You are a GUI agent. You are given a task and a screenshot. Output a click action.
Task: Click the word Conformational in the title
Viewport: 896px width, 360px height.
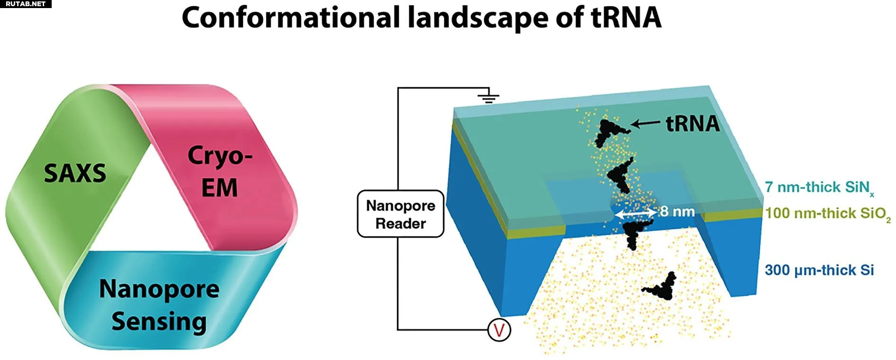[291, 18]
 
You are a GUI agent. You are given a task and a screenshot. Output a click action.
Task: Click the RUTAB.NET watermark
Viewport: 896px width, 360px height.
[26, 4]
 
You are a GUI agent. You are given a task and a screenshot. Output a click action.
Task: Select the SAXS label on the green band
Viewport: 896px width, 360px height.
[75, 173]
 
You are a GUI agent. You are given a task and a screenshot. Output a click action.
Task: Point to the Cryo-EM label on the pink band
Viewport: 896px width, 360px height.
[219, 171]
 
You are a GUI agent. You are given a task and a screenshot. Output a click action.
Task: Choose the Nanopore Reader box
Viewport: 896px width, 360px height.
[401, 214]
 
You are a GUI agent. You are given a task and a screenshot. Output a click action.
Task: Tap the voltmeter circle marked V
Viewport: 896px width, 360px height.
[499, 330]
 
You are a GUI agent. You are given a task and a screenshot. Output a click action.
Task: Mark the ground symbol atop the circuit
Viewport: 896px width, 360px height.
[488, 98]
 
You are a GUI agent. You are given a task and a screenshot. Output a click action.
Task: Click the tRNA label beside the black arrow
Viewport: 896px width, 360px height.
[693, 124]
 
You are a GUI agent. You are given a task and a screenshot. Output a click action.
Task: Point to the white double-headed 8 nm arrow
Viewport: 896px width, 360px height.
[636, 214]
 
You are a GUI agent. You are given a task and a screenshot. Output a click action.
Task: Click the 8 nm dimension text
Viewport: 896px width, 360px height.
[677, 212]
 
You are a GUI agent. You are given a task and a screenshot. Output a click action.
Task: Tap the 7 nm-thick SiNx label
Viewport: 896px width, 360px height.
[818, 187]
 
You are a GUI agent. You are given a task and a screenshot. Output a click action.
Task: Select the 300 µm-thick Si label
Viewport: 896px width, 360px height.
[819, 270]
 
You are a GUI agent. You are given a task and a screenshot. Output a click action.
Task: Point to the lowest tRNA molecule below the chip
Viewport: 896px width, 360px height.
[661, 287]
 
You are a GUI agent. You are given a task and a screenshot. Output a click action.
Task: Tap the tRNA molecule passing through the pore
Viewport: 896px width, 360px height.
[632, 232]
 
